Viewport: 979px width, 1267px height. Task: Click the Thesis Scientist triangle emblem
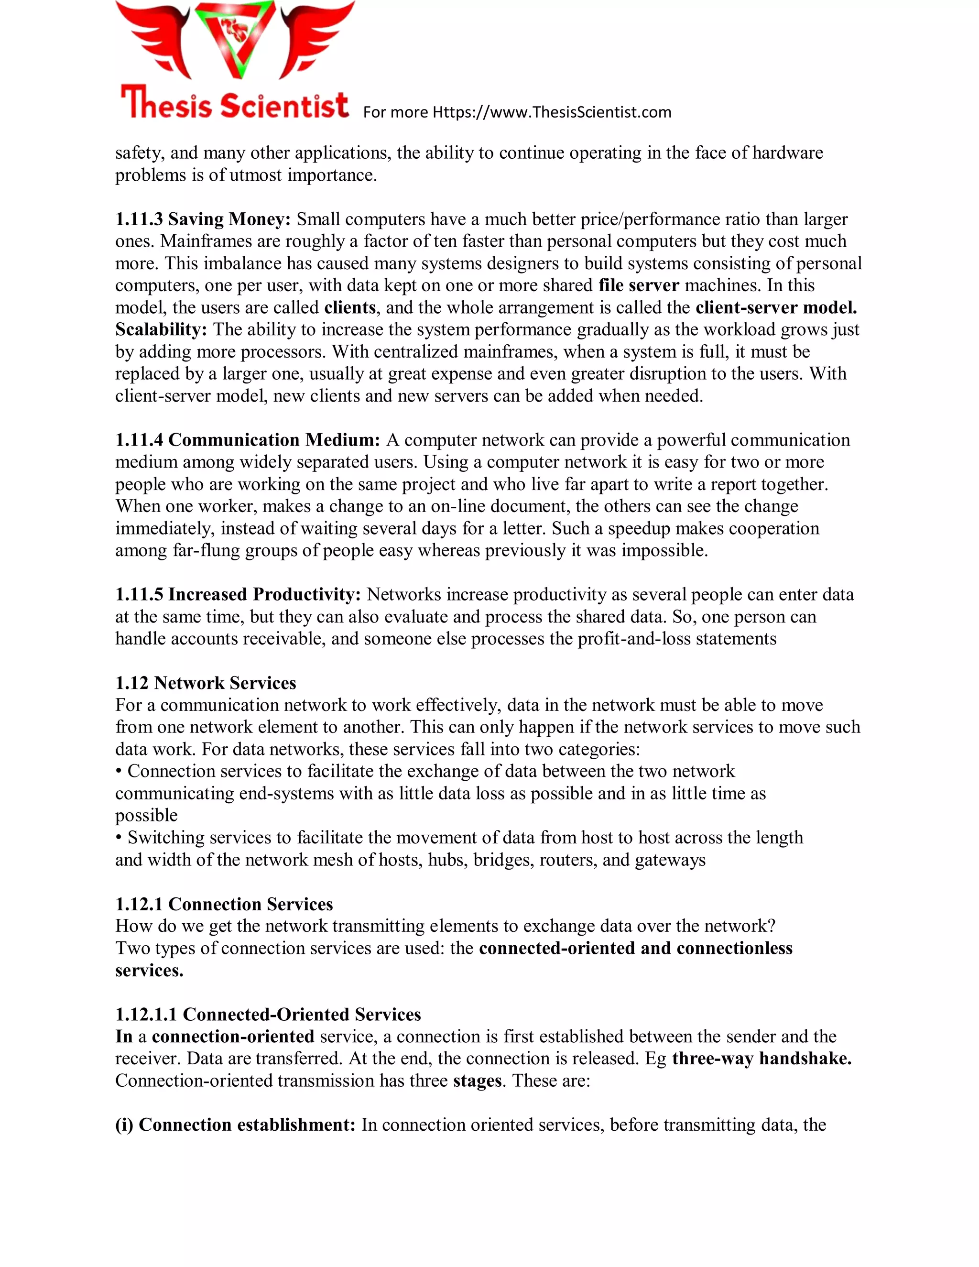pyautogui.click(x=235, y=40)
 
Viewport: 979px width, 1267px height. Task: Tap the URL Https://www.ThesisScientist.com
pyautogui.click(x=552, y=112)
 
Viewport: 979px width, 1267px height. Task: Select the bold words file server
pyautogui.click(x=639, y=285)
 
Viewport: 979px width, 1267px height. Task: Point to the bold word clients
pyautogui.click(x=350, y=307)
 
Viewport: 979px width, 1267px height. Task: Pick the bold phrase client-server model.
pyautogui.click(x=776, y=307)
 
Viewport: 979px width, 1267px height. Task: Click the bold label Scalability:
pyautogui.click(x=161, y=329)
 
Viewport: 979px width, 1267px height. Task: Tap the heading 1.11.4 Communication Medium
pyautogui.click(x=248, y=440)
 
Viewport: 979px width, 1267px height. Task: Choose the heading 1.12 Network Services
pyautogui.click(x=206, y=683)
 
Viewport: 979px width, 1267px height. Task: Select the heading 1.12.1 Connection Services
pyautogui.click(x=224, y=904)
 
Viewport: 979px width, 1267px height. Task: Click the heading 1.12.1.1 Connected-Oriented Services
pyautogui.click(x=268, y=1014)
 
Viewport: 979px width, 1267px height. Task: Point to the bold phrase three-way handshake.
pyautogui.click(x=761, y=1059)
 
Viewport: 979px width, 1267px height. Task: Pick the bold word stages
pyautogui.click(x=478, y=1081)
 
